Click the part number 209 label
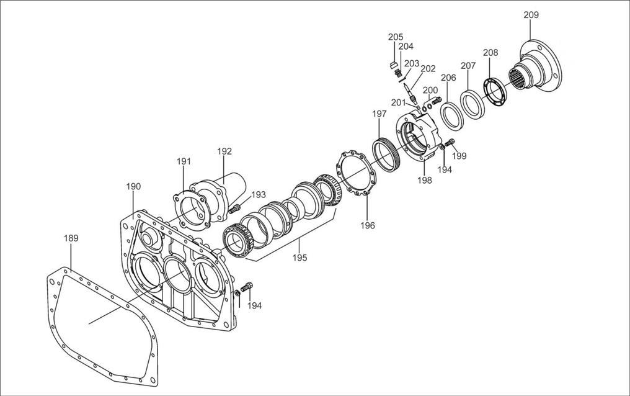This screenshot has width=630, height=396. click(x=531, y=15)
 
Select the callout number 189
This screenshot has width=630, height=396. click(x=72, y=238)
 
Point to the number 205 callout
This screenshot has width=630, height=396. click(x=396, y=37)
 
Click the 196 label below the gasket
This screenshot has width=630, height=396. click(x=368, y=225)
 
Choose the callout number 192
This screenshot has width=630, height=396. click(x=224, y=151)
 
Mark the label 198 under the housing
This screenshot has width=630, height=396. click(x=424, y=180)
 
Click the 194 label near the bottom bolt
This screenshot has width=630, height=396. click(x=254, y=305)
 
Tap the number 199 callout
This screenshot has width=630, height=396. click(x=459, y=156)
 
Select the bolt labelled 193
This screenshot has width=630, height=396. click(x=234, y=209)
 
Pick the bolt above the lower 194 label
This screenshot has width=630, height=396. click(x=247, y=287)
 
